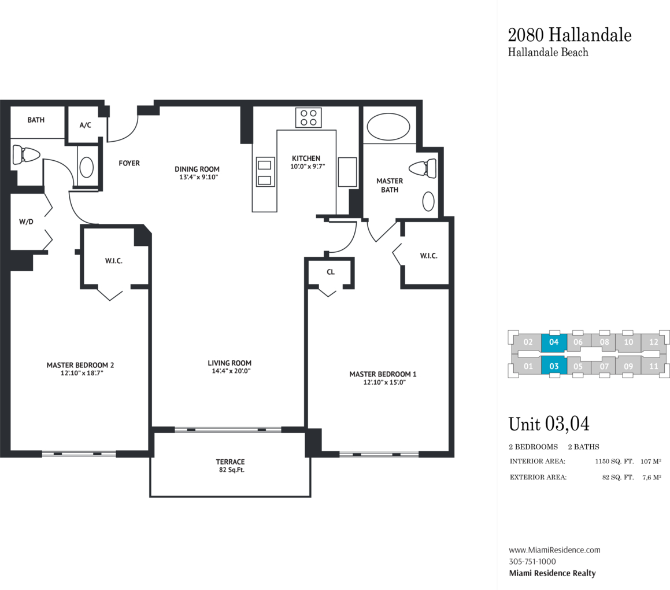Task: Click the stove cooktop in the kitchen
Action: click(309, 117)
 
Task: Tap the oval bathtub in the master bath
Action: click(388, 127)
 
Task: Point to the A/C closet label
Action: click(85, 126)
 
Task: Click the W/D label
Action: click(26, 222)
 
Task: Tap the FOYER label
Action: click(129, 163)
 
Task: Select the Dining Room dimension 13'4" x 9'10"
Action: click(199, 177)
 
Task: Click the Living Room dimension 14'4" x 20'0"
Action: click(231, 371)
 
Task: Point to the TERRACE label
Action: click(230, 462)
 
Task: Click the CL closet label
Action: click(331, 272)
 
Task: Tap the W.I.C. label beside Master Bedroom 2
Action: click(114, 261)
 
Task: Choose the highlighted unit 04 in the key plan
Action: click(554, 342)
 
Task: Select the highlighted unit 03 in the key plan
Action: click(554, 366)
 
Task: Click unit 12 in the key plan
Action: click(654, 342)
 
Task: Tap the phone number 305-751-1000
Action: click(532, 562)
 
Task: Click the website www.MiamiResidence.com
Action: click(554, 550)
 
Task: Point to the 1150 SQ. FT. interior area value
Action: click(615, 462)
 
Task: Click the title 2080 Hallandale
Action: click(569, 35)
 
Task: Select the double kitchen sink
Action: click(265, 172)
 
